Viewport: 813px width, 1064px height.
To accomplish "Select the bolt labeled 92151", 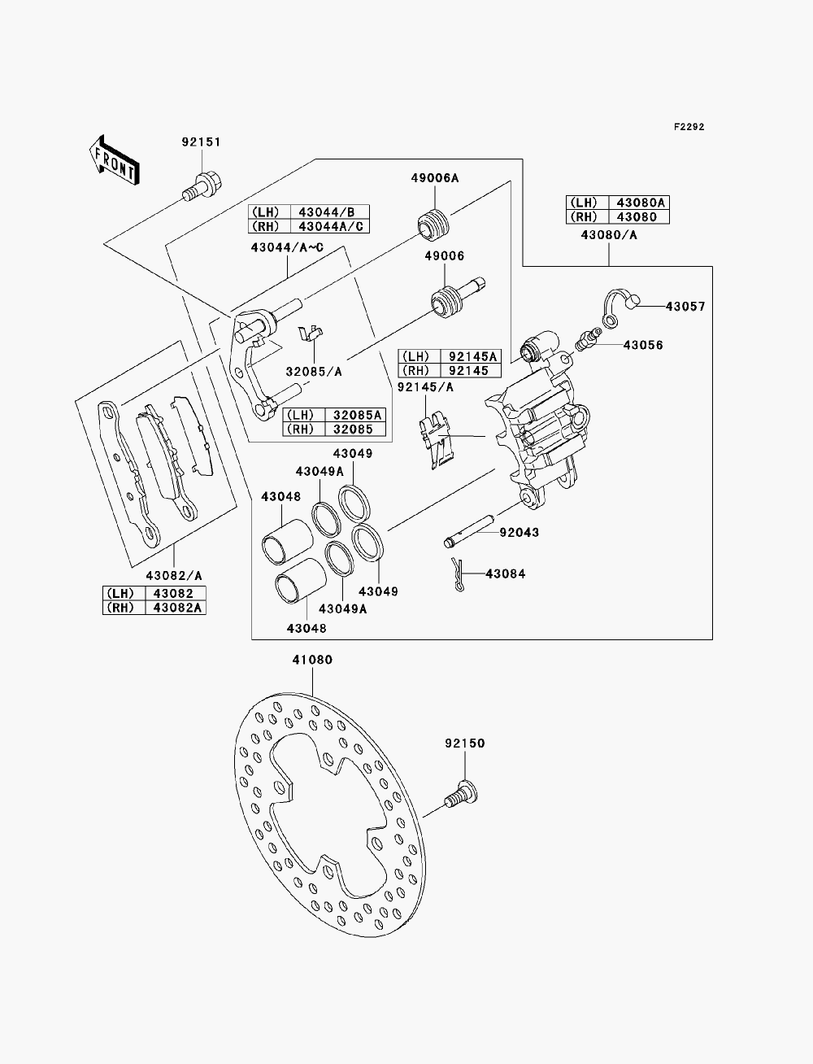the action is click(202, 186).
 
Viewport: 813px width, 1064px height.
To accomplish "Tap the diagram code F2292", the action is click(689, 127).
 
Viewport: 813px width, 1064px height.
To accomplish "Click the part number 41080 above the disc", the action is click(312, 660).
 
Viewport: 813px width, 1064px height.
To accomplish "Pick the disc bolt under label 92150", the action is click(461, 795).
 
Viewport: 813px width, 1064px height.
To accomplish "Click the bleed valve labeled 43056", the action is click(588, 338).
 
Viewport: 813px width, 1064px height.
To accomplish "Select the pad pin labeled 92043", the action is click(468, 531).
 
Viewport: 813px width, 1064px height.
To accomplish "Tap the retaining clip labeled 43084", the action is click(457, 574).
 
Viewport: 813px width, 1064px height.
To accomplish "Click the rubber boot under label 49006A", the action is click(433, 225).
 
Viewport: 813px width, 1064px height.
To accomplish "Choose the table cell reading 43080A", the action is click(639, 203).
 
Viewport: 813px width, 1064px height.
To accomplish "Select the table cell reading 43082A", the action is click(176, 608).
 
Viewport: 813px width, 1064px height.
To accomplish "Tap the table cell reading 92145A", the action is click(471, 357).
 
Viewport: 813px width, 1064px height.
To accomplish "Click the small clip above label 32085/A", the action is click(310, 333).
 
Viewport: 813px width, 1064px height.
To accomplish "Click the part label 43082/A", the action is click(174, 576).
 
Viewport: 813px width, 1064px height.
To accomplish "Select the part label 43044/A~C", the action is click(287, 248).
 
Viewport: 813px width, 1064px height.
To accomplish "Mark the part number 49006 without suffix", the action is click(445, 256).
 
